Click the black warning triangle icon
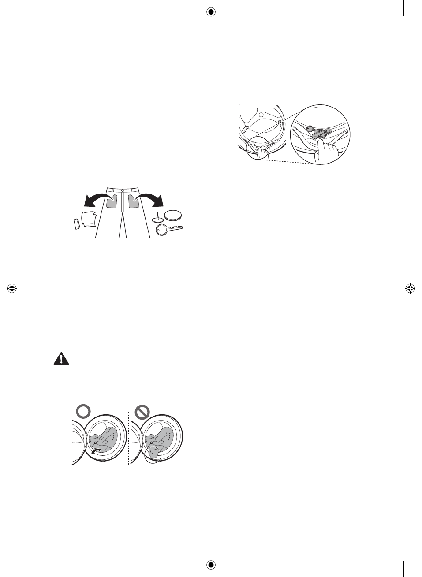coord(61,358)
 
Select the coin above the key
coord(172,215)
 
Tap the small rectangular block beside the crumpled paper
coord(76,223)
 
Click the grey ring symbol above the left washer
coord(83,411)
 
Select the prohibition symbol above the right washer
coord(142,412)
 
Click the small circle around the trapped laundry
coord(153,454)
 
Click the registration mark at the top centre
coord(211,12)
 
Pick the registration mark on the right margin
coord(410,289)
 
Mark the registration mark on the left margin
coord(12,289)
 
